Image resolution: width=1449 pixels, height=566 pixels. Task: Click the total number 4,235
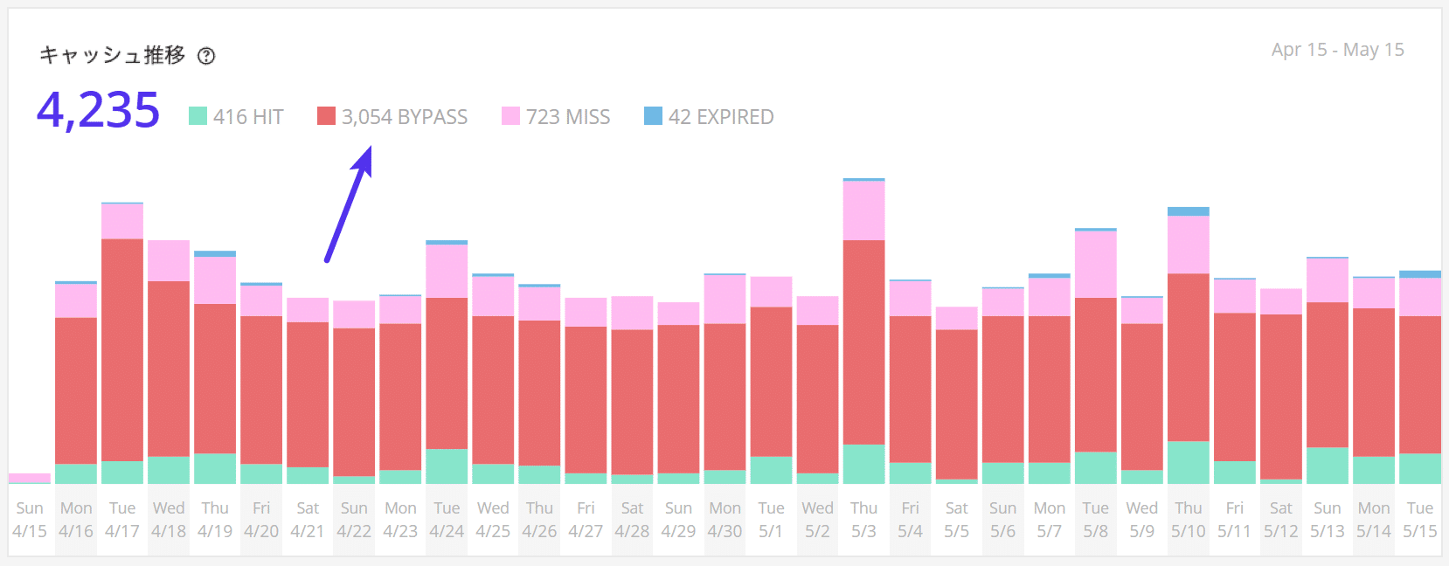pos(98,111)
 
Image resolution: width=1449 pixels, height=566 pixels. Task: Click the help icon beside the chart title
pos(206,56)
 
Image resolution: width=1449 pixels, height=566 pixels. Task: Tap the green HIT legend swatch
pos(198,116)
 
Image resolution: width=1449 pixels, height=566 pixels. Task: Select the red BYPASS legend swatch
pos(326,116)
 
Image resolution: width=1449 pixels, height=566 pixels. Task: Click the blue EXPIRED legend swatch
pos(653,116)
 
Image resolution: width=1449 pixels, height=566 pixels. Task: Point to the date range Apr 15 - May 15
pos(1337,50)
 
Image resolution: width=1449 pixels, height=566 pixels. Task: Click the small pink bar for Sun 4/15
pos(30,478)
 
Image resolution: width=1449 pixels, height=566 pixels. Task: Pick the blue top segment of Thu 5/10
pos(1189,211)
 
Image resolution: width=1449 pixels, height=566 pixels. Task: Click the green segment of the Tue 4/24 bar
pos(447,466)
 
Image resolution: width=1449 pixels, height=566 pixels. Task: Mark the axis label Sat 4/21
pos(308,520)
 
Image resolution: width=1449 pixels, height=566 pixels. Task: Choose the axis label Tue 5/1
pos(771,520)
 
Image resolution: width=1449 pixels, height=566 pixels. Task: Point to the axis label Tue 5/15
pos(1419,520)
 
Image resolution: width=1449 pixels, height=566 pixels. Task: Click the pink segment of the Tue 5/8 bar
pos(1096,265)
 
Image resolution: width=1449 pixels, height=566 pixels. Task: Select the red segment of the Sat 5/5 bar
pos(957,404)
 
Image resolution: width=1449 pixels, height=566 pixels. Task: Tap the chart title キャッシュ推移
pos(113,56)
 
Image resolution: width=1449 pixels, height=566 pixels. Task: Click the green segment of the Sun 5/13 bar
pos(1328,466)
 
